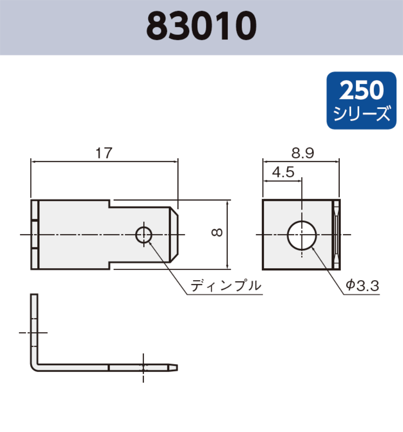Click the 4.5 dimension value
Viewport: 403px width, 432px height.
(x=283, y=172)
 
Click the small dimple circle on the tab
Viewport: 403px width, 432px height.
(x=143, y=235)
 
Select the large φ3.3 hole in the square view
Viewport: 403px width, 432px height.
(x=302, y=235)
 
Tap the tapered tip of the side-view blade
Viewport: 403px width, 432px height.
(x=174, y=367)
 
